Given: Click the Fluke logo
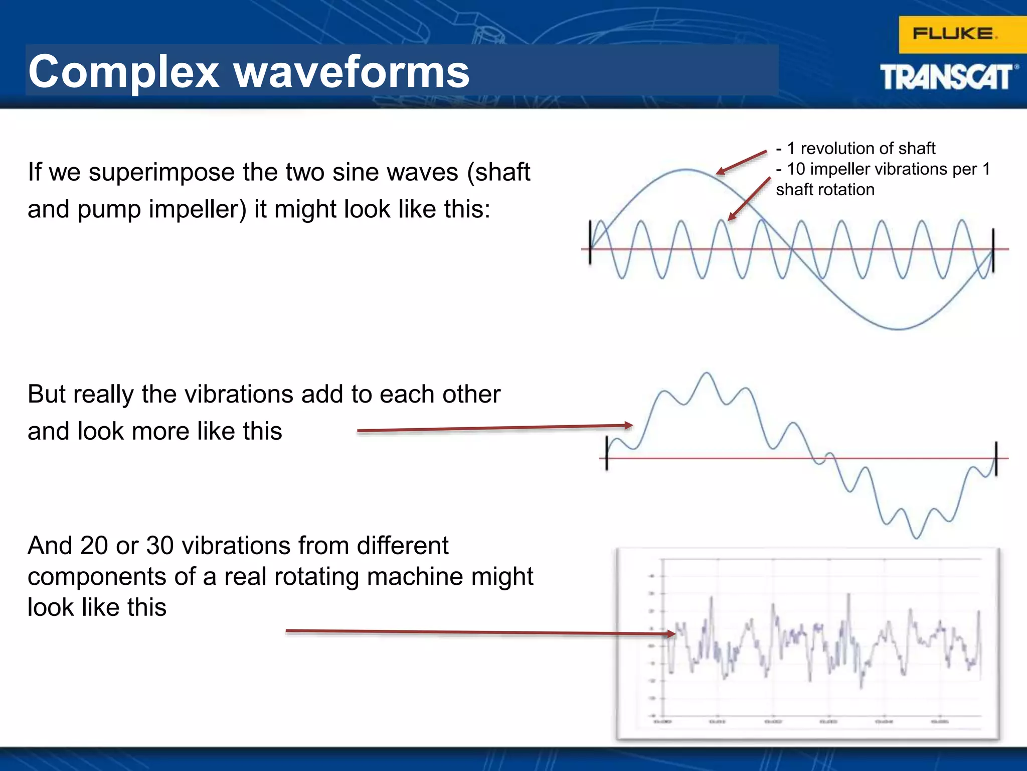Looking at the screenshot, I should [x=954, y=34].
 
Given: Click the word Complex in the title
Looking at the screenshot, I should [x=123, y=72].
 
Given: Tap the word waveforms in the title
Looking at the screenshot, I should [x=352, y=72].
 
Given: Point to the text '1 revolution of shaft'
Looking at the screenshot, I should [x=861, y=149].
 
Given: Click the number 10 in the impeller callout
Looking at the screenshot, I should [x=796, y=169].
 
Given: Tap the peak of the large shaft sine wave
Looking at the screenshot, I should [x=686, y=170].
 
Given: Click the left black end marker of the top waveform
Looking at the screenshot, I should [x=590, y=242].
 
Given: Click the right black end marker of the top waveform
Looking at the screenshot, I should [x=993, y=250].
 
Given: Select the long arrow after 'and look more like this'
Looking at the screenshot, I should [x=494, y=428].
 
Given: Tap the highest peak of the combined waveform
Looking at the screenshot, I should [x=707, y=373].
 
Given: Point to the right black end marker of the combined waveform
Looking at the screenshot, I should [x=996, y=458].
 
